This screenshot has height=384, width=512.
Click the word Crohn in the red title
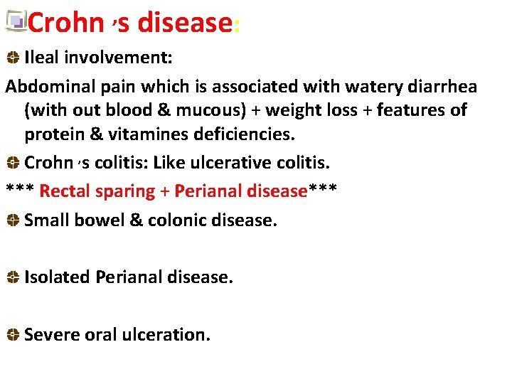coord(65,23)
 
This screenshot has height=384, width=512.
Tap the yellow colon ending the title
coord(236,26)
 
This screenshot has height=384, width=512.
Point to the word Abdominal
coord(48,86)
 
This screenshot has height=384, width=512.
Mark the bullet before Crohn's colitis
coord(13,163)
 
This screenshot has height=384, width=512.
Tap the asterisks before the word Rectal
coord(20,190)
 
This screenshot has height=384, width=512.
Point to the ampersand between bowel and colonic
coord(136,220)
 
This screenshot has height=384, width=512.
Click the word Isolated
coord(57,277)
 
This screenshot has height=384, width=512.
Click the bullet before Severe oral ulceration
coord(13,335)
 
